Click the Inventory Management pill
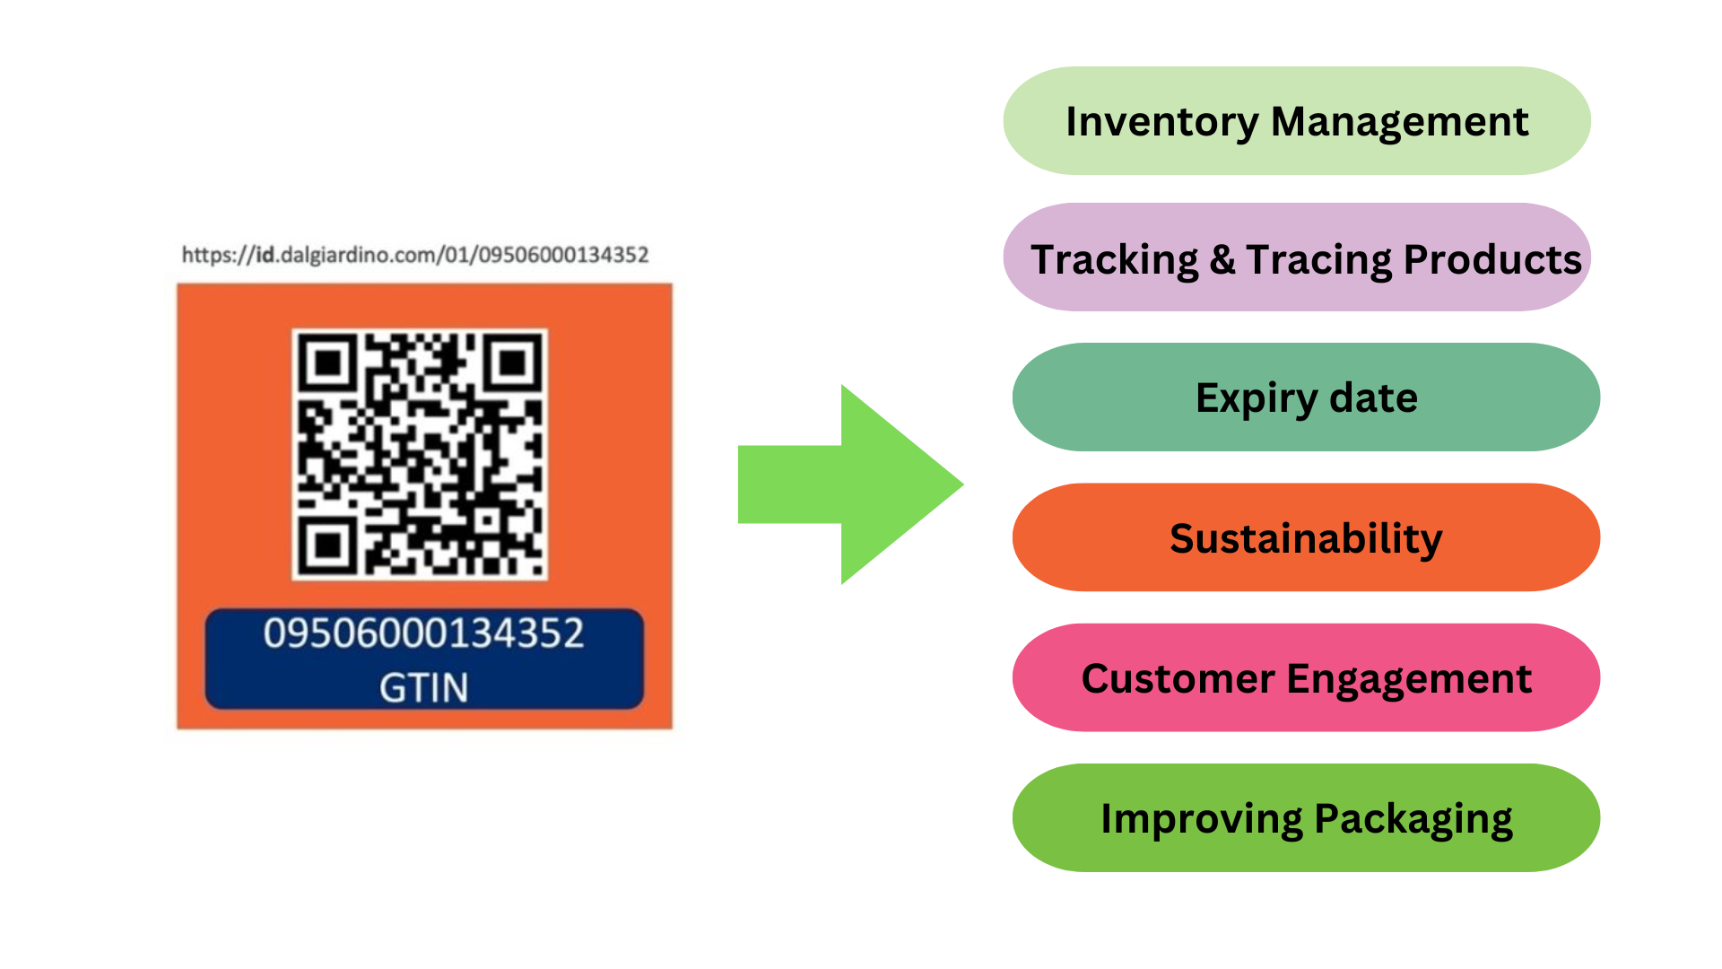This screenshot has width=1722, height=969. (1296, 121)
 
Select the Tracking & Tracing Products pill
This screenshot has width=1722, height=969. (1296, 258)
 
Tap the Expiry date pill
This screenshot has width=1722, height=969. (1306, 397)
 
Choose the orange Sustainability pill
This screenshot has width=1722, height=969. (1306, 537)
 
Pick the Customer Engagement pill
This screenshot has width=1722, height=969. (1306, 677)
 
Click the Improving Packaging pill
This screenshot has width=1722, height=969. (1306, 817)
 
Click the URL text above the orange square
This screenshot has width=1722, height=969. (414, 255)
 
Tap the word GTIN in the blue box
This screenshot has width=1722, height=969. (423, 688)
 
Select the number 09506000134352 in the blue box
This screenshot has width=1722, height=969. (423, 633)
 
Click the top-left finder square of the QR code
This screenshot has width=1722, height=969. (328, 362)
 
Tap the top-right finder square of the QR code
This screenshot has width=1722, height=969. (512, 362)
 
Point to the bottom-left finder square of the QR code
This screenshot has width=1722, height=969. (328, 545)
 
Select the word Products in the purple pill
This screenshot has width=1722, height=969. (1492, 259)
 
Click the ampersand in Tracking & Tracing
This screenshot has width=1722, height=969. (1222, 259)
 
